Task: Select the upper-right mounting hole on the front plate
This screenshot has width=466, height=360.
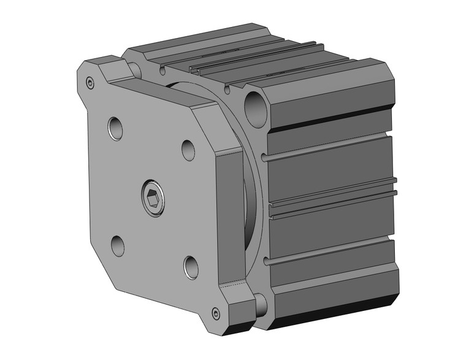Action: [x=188, y=150]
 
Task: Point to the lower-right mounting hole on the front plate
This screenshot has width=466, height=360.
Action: [x=191, y=266]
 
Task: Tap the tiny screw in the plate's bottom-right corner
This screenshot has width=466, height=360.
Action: [x=215, y=315]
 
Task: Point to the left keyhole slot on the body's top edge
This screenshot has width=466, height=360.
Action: [x=163, y=71]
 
